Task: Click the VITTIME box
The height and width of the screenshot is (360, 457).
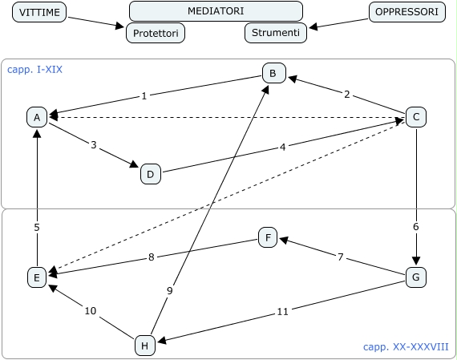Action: click(x=39, y=12)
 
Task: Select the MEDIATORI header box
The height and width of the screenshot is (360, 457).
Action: click(x=216, y=11)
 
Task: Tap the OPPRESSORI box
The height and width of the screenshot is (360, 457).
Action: click(x=406, y=12)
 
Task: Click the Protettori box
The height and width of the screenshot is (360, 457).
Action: click(x=156, y=33)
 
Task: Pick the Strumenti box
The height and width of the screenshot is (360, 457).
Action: click(x=276, y=33)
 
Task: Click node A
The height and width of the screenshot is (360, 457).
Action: click(x=37, y=117)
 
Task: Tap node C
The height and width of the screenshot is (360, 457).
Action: click(x=416, y=117)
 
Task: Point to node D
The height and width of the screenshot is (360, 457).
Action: click(x=151, y=174)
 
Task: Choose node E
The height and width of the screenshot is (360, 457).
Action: click(x=37, y=277)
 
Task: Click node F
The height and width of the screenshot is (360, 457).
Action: click(x=268, y=237)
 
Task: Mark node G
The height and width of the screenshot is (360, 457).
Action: click(x=416, y=277)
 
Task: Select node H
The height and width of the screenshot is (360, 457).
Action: click(x=145, y=346)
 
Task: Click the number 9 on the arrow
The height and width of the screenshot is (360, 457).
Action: click(x=170, y=290)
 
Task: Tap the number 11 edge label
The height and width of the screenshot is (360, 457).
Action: click(x=282, y=312)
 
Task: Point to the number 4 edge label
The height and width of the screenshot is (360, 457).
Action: click(x=282, y=148)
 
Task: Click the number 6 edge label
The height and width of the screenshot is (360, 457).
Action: click(x=416, y=226)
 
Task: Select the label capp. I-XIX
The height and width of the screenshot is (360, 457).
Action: click(x=34, y=70)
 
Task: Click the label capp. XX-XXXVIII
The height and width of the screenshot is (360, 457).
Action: click(x=406, y=347)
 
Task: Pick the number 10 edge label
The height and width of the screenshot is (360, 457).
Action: click(x=91, y=311)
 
